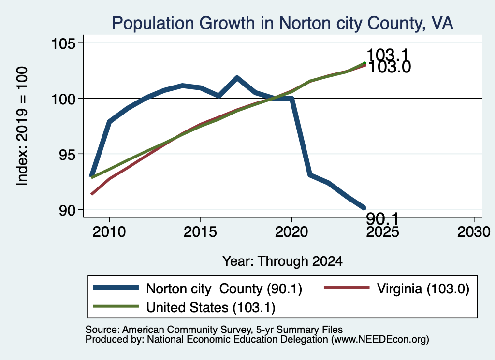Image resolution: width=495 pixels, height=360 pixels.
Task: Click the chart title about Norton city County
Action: pos(282,23)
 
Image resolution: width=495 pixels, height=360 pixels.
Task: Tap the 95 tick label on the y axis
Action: pos(68,154)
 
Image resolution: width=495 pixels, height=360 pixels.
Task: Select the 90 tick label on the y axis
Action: pos(68,210)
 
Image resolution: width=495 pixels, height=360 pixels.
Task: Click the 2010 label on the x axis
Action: pos(109,232)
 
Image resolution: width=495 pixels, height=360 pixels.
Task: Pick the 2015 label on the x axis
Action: pos(200,232)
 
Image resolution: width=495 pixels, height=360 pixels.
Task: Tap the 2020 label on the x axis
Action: pos(291,232)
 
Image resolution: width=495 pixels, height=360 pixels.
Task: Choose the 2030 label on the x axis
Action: pos(474,232)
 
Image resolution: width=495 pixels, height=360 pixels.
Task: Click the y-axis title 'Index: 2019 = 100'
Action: pos(22,126)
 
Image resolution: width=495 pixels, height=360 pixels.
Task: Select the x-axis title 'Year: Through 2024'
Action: pos(282,261)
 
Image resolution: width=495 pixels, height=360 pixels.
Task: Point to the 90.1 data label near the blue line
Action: pos(382,218)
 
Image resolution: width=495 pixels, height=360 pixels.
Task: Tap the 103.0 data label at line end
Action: pos(390,67)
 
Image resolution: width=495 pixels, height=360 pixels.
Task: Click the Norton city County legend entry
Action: pos(198,288)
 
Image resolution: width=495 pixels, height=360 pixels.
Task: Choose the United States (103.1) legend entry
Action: pos(184,307)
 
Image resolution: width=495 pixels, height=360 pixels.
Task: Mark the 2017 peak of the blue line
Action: pos(237,77)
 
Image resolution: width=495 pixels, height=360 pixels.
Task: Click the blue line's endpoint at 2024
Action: pos(364,207)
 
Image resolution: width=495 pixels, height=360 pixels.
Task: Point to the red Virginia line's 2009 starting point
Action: pos(91,194)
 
